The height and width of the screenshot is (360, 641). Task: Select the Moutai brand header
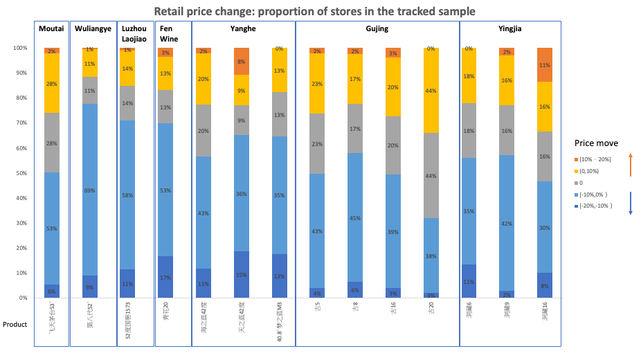51,28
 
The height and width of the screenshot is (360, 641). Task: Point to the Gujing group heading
377,28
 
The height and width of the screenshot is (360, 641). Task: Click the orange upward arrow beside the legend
631,167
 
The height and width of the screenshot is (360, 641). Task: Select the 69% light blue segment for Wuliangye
89,190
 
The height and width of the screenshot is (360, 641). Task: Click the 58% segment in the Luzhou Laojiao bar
127,195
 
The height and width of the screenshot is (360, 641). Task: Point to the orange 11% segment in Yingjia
545,64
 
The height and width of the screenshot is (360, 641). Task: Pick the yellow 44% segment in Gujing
431,90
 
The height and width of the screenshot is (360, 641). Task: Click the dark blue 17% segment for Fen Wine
165,277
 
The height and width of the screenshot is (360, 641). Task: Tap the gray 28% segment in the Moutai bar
51,143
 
